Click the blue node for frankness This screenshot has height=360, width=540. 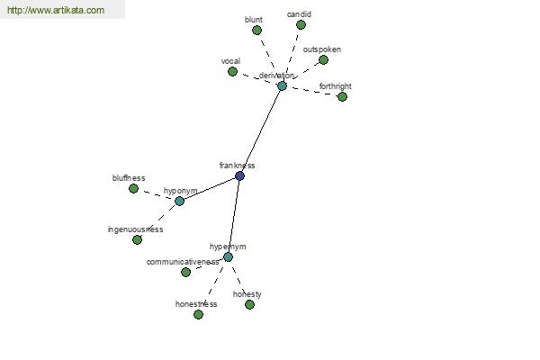pos(239,176)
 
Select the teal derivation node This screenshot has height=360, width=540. pos(282,86)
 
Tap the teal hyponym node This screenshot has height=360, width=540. pos(179,202)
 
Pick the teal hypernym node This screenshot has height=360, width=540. pos(228,257)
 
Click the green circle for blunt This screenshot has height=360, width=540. pos(256,31)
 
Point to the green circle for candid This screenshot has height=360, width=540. pos(301,25)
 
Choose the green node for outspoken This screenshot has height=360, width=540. pos(323,60)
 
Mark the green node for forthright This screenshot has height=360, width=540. pos(342,97)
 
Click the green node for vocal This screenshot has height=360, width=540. pos(232,72)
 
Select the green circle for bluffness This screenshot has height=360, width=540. pos(133,189)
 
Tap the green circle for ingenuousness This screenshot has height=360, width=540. pos(137,239)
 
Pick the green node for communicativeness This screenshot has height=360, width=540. pos(185,272)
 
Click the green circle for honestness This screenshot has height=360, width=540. pos(198,314)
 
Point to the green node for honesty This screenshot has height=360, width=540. pos(249,304)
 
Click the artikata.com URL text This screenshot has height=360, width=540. pos(56,10)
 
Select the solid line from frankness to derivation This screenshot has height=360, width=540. pos(261,130)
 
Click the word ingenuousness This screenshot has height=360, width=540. pos(135,229)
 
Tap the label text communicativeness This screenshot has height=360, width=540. pos(183,262)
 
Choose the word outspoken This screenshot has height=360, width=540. pos(322,49)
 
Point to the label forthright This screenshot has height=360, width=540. pos(336,86)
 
